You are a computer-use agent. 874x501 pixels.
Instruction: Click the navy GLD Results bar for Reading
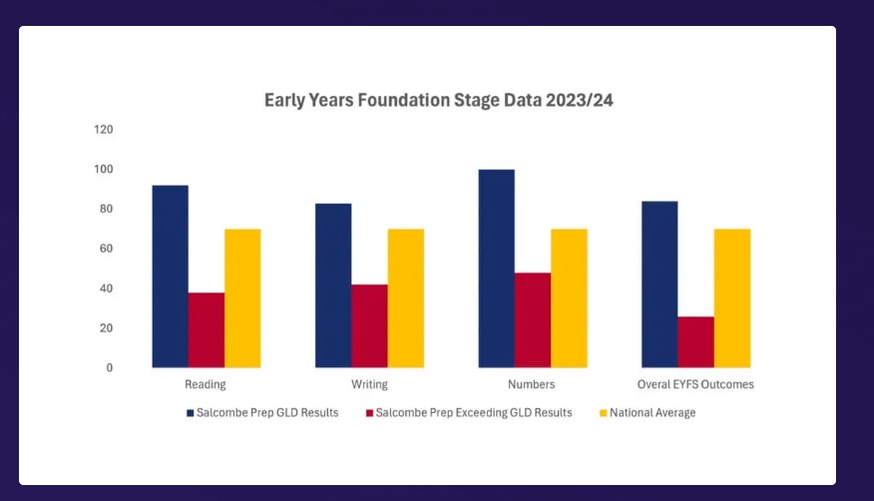[170, 276]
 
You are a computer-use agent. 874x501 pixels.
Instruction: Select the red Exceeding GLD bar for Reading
[207, 330]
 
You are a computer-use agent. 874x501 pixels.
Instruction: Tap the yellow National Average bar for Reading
[242, 298]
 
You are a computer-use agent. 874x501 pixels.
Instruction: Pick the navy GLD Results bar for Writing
[333, 285]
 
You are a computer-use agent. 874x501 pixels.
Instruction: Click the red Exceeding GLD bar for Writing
[369, 326]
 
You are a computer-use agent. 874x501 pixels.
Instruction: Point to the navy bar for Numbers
[497, 268]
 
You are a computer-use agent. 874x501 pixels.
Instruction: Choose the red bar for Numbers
[533, 320]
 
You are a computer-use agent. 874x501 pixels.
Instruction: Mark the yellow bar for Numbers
[569, 298]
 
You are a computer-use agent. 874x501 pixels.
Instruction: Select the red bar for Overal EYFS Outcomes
[696, 342]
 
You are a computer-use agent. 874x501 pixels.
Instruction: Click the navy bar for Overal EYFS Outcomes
[659, 284]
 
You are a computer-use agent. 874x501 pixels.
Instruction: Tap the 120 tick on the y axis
[104, 130]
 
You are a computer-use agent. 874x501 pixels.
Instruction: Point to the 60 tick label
[106, 249]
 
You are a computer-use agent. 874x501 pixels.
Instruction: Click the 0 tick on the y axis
[110, 368]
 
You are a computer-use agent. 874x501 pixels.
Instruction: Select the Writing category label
[369, 384]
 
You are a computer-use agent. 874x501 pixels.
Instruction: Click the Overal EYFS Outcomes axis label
[695, 384]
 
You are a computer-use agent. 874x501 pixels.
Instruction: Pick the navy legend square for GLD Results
[191, 413]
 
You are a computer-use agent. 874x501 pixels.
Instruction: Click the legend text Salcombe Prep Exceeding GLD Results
[474, 413]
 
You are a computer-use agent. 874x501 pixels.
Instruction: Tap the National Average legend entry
[648, 413]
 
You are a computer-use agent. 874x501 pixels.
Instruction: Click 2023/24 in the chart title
[580, 101]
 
